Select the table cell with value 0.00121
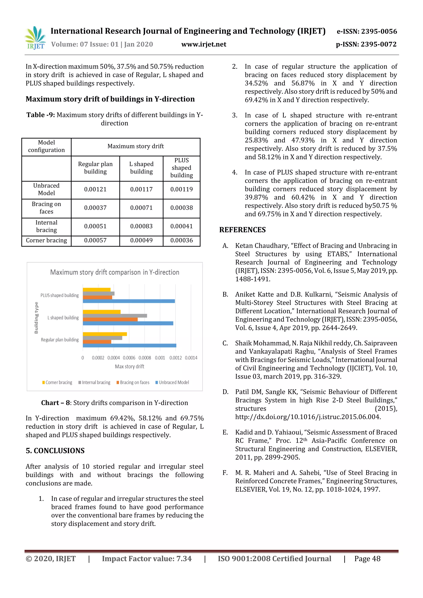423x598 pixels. (x=95, y=189)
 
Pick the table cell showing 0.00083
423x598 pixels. (x=141, y=226)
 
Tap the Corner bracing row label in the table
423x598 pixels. (x=46, y=240)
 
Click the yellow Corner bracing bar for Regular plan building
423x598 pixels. (x=105, y=334)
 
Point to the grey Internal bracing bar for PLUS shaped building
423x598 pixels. (x=99, y=294)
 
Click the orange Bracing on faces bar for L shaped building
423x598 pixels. (x=110, y=319)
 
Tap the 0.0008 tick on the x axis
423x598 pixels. (x=145, y=358)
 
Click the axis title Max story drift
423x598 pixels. (x=130, y=366)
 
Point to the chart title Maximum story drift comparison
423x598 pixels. (x=115, y=272)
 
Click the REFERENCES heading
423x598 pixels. (x=242, y=230)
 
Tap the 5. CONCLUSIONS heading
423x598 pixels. (x=55, y=451)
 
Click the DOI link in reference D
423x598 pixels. (x=308, y=417)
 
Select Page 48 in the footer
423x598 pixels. (x=367, y=558)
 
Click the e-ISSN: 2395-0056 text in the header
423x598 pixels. (x=367, y=32)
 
